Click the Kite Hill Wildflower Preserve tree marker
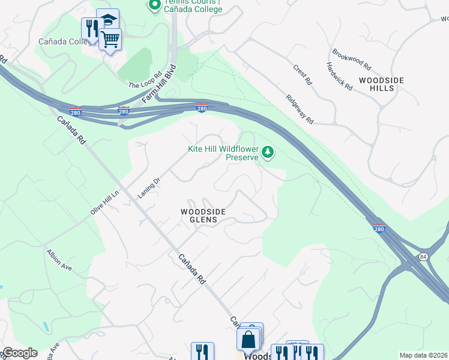[x=268, y=153]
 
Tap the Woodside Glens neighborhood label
[x=203, y=215]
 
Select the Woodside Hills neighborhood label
[x=382, y=84]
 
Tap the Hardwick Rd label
[x=339, y=76]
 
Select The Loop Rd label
[x=145, y=80]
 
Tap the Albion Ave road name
[x=59, y=259]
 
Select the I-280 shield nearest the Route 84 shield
[x=379, y=228]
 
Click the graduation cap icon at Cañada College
[x=108, y=19]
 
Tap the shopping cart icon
[x=109, y=40]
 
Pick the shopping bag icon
[x=248, y=339]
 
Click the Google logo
[x=19, y=353]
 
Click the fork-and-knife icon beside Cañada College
[x=92, y=28]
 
